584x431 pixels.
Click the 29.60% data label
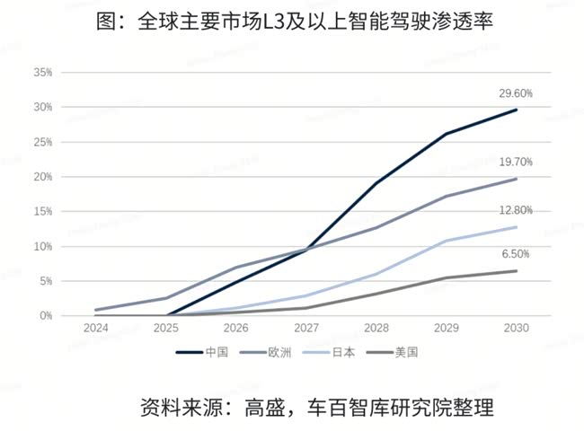[516, 92]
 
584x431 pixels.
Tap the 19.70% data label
[516, 162]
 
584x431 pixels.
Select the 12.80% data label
[516, 210]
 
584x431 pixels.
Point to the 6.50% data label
[516, 254]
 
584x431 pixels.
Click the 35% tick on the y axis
[43, 72]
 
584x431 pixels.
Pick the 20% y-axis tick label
[43, 177]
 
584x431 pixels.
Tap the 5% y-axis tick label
[46, 281]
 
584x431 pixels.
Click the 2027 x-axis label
[305, 330]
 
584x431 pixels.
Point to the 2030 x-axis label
[517, 330]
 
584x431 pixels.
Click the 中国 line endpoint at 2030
[517, 110]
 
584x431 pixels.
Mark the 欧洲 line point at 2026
[236, 268]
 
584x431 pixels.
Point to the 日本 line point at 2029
[447, 241]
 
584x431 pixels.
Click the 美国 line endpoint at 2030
[517, 270]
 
